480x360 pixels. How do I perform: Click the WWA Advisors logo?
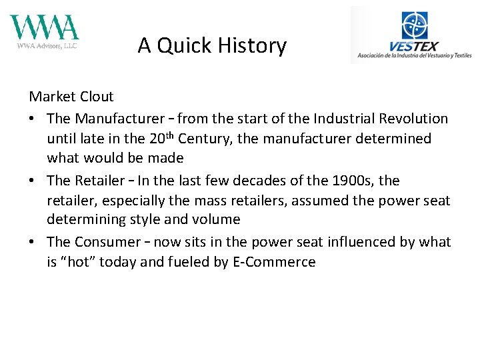(x=44, y=31)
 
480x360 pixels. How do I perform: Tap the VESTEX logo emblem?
(x=415, y=26)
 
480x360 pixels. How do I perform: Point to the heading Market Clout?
(x=71, y=97)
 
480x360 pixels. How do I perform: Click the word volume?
(x=217, y=220)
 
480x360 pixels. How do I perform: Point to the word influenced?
(x=340, y=242)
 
